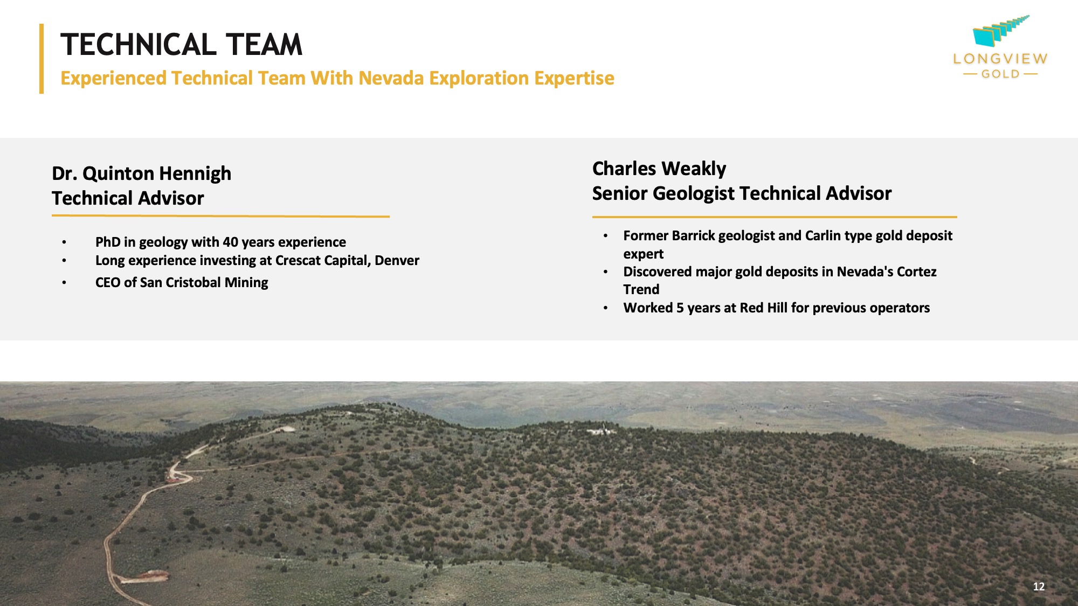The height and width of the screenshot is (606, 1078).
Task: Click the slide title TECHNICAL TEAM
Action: pyautogui.click(x=181, y=45)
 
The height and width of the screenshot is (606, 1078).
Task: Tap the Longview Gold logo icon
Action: pyautogui.click(x=1000, y=31)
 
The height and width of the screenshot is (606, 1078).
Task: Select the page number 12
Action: pyautogui.click(x=1039, y=587)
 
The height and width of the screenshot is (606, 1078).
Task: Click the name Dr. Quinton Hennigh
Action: pyautogui.click(x=141, y=173)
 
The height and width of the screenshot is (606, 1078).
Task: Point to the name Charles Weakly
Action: pyautogui.click(x=659, y=169)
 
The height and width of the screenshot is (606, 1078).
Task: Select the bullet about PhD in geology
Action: pyautogui.click(x=220, y=242)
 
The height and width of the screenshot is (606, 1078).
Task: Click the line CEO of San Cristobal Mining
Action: pyautogui.click(x=182, y=283)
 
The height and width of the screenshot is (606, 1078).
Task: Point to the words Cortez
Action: pyautogui.click(x=916, y=272)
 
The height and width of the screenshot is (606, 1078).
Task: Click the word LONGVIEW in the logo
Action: pyautogui.click(x=1000, y=59)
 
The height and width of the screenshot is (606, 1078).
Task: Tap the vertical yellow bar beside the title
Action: pyautogui.click(x=42, y=59)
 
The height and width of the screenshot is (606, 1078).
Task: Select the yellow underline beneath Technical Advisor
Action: pyautogui.click(x=220, y=216)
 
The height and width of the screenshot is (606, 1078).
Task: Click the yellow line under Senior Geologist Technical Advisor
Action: pyautogui.click(x=775, y=217)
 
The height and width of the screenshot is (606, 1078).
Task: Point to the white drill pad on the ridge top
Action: pyautogui.click(x=602, y=431)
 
